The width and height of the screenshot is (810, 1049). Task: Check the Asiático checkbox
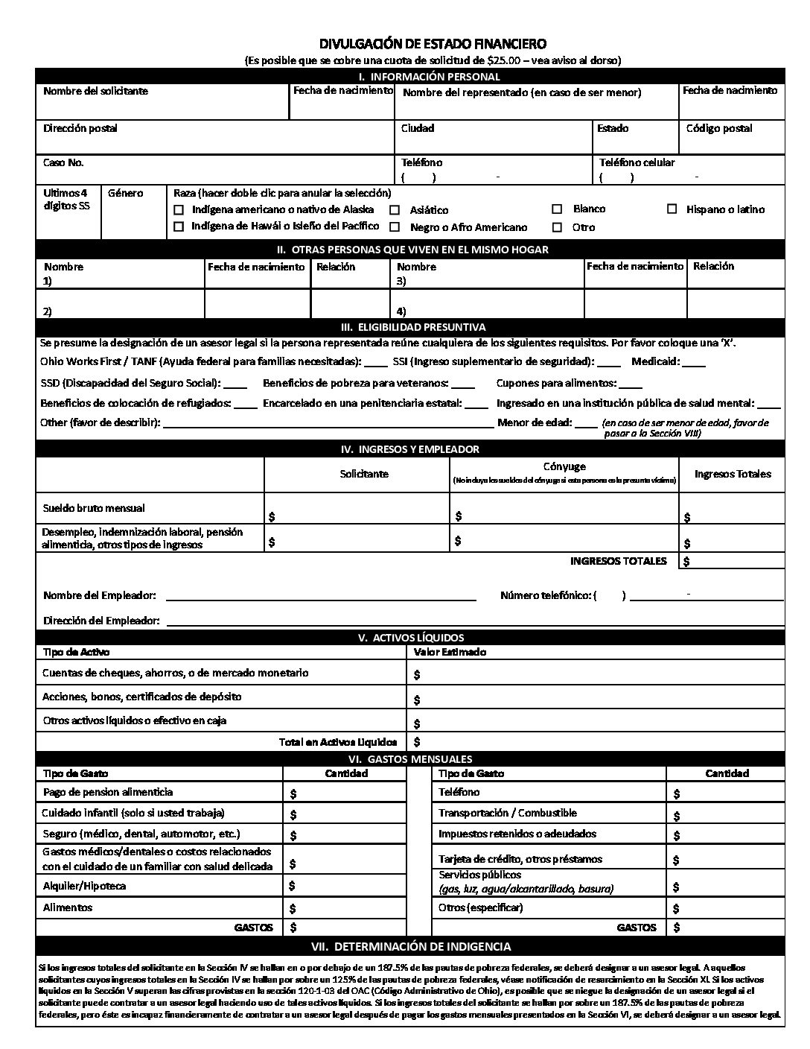tap(395, 210)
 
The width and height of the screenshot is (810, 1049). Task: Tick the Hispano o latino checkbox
tap(672, 209)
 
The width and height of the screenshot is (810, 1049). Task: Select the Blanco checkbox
tap(557, 209)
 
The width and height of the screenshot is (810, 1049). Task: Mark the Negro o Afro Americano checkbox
tap(395, 227)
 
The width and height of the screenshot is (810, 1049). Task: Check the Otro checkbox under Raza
tap(557, 227)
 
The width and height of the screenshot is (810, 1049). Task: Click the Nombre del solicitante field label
tap(95, 91)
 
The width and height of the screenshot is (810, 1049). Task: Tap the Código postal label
tap(718, 128)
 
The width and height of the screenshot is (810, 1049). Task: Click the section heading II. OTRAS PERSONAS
tap(412, 250)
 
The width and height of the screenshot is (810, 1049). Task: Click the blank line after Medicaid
tap(694, 363)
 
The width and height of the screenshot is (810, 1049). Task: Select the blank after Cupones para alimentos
tap(630, 384)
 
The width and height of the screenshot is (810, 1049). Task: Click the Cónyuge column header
tap(564, 467)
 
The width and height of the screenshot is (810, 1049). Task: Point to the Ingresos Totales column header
tap(733, 474)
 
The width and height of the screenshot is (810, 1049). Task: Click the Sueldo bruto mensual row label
tap(93, 508)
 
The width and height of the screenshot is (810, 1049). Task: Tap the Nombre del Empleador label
tap(100, 595)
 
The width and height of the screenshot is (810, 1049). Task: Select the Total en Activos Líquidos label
tap(338, 742)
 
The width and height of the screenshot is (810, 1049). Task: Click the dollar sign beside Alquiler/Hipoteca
tap(293, 886)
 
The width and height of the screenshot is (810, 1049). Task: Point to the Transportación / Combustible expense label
tap(507, 813)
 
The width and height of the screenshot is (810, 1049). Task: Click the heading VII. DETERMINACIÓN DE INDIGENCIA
tap(410, 947)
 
